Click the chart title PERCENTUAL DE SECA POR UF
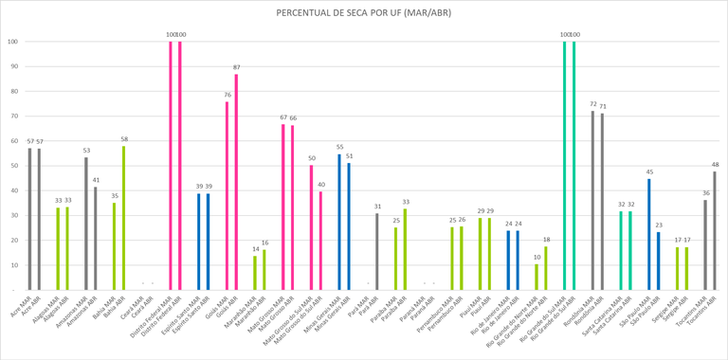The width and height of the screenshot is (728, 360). pyautogui.click(x=364, y=12)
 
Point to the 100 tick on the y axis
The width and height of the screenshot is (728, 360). pyautogui.click(x=13, y=42)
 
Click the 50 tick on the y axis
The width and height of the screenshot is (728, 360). pyautogui.click(x=13, y=166)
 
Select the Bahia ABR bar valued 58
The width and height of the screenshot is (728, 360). pyautogui.click(x=123, y=218)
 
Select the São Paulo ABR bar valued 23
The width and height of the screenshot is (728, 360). pyautogui.click(x=659, y=261)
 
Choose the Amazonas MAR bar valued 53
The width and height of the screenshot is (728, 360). pyautogui.click(x=85, y=224)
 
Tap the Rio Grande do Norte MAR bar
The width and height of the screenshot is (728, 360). pyautogui.click(x=537, y=277)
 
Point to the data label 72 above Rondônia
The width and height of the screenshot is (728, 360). pyautogui.click(x=593, y=104)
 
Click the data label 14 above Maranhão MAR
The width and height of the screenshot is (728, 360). pyautogui.click(x=255, y=248)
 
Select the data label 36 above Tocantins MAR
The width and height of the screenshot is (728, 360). pyautogui.click(x=705, y=193)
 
